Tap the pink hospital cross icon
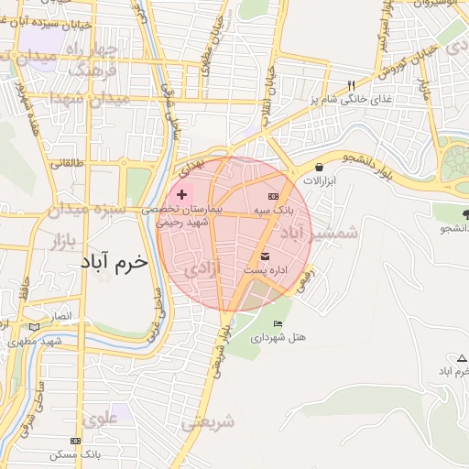181,194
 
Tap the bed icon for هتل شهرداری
278,324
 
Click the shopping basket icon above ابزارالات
318,167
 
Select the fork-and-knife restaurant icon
350,86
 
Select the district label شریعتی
208,421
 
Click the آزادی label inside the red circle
201,269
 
